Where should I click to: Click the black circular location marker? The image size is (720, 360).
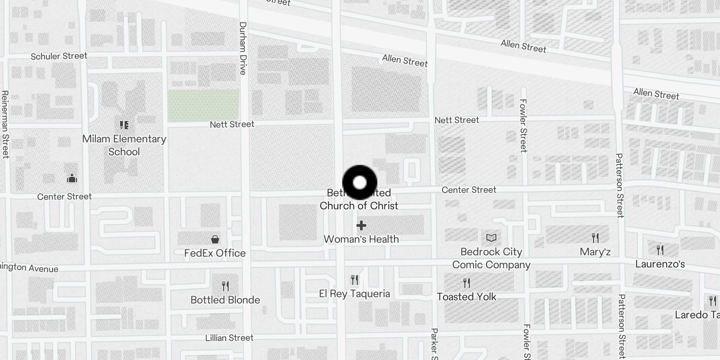[x=360, y=183]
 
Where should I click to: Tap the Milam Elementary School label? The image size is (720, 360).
[x=124, y=145]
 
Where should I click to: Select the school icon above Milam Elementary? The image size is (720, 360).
[x=124, y=125]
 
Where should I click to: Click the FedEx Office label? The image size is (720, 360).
[x=215, y=253]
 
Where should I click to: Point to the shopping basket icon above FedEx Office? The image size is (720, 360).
[x=215, y=239]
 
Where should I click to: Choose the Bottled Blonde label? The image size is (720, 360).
[x=225, y=300]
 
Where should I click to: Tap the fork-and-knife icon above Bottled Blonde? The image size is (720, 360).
[x=225, y=286]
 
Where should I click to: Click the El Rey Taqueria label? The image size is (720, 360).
[x=354, y=294]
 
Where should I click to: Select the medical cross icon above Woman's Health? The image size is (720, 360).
[x=361, y=225]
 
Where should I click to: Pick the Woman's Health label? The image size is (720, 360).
[x=361, y=239]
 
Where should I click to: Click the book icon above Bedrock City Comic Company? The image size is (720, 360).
[x=491, y=238]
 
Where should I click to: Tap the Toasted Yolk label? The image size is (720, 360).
[x=466, y=297]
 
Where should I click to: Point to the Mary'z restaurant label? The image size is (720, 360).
[x=595, y=252]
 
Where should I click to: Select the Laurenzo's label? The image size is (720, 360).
[x=660, y=264]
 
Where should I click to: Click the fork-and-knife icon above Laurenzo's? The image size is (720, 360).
[x=660, y=250]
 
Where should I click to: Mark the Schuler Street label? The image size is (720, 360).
[x=59, y=56]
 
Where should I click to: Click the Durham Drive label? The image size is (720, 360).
[x=243, y=48]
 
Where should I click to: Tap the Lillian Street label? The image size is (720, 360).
[x=229, y=338]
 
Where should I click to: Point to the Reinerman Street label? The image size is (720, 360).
[x=5, y=124]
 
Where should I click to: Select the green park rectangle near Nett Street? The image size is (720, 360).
[x=203, y=105]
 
